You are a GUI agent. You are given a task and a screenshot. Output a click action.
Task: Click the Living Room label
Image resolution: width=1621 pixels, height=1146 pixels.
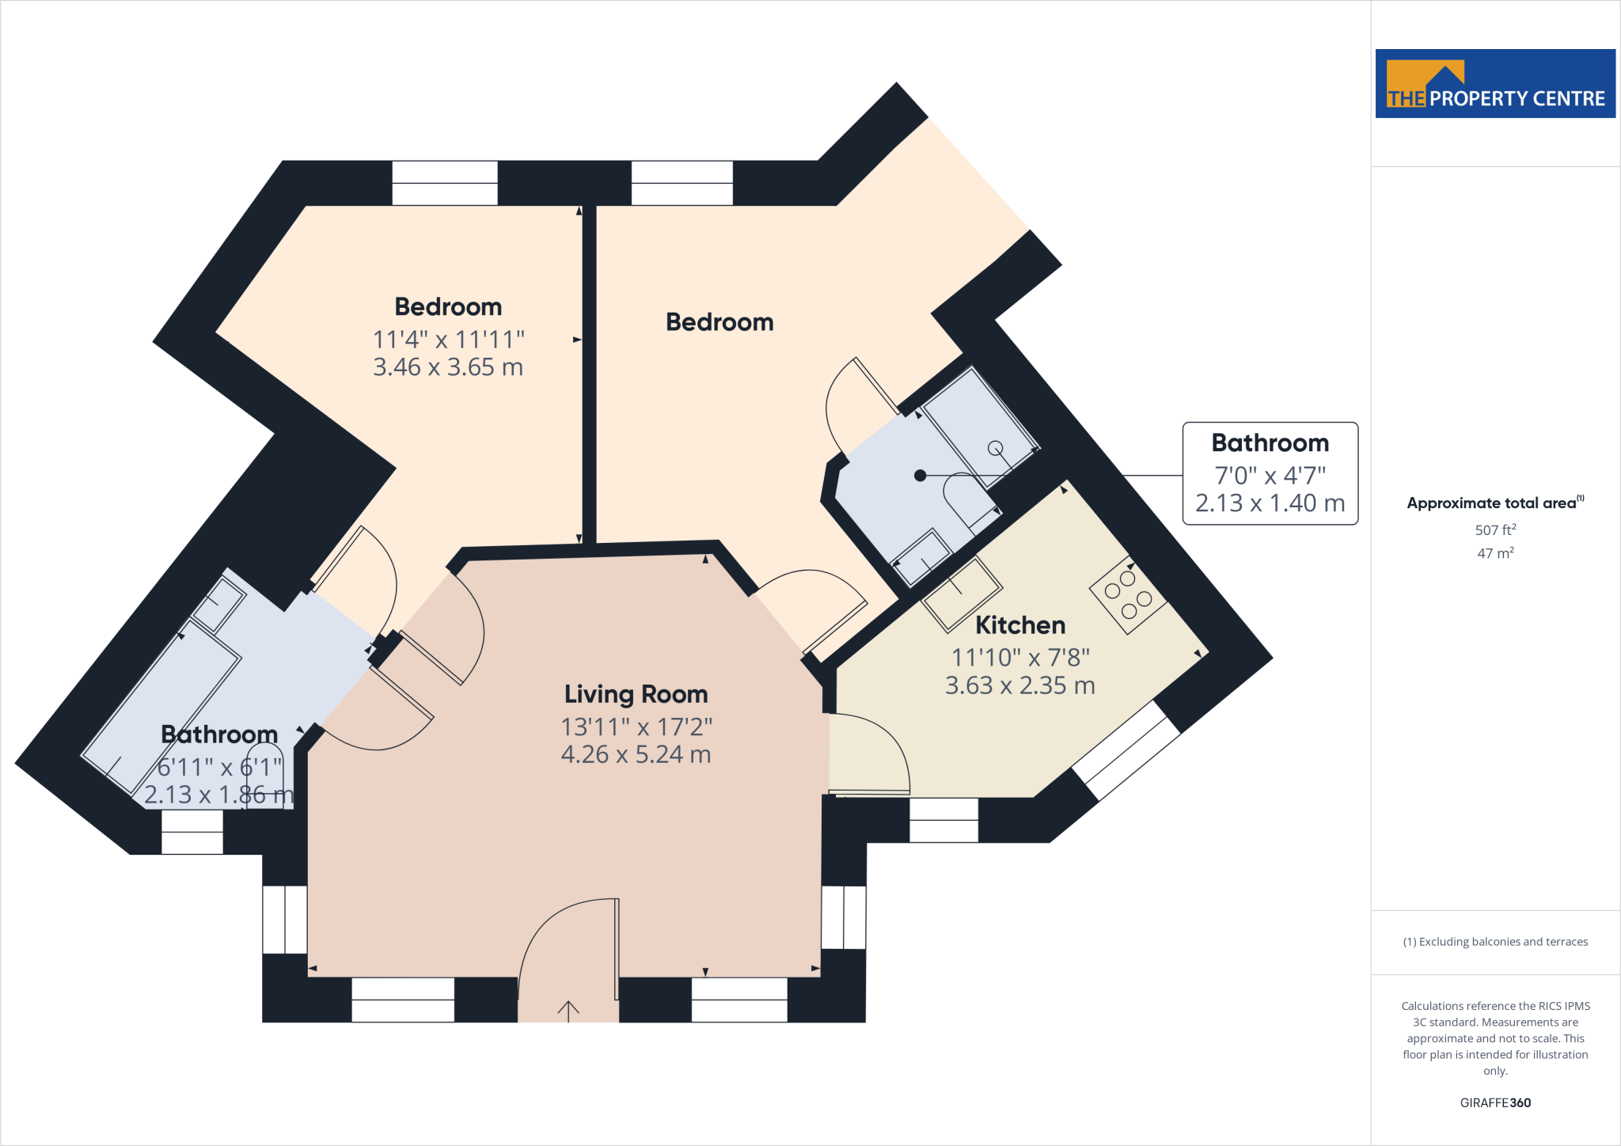(x=636, y=694)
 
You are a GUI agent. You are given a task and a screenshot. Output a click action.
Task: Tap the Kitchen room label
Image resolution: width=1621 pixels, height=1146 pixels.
(x=1019, y=625)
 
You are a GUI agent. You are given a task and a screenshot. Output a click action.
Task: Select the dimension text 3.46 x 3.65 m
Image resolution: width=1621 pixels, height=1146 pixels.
(x=448, y=367)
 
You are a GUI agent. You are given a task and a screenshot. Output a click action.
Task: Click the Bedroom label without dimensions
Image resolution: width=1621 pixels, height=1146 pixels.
(x=719, y=322)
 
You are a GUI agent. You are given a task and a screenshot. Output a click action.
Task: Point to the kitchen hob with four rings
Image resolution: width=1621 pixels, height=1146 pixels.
(x=1128, y=594)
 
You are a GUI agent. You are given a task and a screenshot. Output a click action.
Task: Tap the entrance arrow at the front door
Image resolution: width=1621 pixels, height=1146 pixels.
(x=568, y=1010)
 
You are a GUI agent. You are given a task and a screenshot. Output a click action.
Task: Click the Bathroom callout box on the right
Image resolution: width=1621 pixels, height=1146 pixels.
(x=1270, y=473)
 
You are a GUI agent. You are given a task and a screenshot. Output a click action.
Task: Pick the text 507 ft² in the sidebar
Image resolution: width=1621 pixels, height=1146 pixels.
(x=1495, y=530)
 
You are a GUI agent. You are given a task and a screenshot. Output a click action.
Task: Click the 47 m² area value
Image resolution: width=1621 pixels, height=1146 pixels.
(x=1495, y=553)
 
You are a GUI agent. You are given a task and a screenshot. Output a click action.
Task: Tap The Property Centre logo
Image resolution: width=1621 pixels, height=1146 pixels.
(x=1495, y=84)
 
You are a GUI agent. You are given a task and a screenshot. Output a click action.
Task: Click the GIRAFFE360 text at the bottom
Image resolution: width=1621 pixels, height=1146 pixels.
(x=1495, y=1102)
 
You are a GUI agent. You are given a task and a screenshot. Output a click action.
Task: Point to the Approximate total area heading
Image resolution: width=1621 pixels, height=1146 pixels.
(x=1494, y=503)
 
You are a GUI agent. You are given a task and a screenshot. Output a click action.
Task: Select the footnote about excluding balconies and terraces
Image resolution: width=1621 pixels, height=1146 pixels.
(x=1495, y=942)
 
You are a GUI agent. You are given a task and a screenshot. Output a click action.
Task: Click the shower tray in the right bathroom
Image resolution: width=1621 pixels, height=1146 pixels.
(x=980, y=427)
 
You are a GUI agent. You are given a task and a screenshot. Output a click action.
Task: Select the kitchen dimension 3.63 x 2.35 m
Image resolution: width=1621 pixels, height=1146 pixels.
(x=1019, y=685)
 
